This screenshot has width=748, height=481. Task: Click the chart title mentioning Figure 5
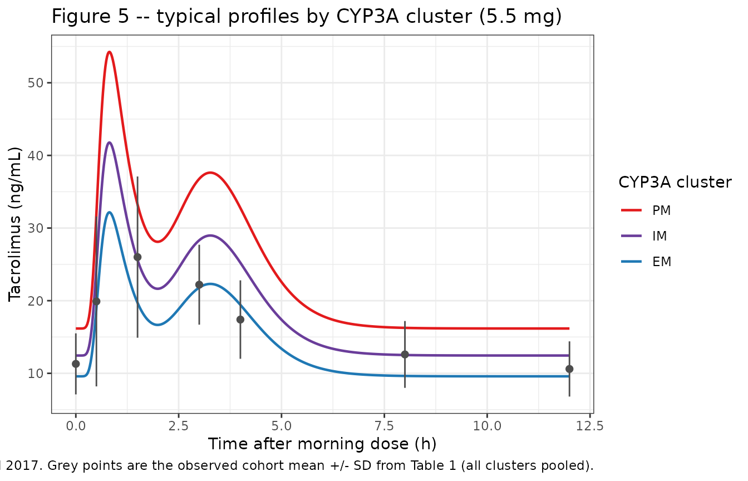[307, 17]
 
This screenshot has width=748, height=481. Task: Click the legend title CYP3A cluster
[675, 183]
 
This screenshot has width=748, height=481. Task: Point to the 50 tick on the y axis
[36, 83]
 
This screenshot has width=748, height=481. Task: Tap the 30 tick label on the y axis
[36, 228]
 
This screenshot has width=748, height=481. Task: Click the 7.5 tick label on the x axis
[385, 426]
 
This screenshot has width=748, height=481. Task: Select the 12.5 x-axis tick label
[590, 426]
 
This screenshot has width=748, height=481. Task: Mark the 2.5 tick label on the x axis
[179, 426]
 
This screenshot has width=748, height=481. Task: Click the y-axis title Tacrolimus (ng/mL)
[14, 224]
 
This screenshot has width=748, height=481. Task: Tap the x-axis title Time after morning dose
[322, 444]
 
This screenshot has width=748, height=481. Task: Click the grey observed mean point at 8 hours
[405, 355]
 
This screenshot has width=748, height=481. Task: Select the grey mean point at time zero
[76, 364]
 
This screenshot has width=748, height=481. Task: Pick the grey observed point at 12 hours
[569, 369]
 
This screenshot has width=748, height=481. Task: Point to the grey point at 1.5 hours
[137, 257]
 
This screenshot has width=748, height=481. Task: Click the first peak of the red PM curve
[109, 52]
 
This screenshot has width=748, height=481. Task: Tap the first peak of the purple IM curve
[109, 143]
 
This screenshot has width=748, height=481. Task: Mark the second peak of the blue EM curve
[210, 284]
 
